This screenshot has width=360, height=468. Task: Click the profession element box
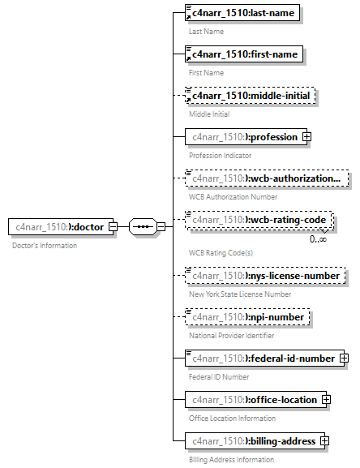pos(242,137)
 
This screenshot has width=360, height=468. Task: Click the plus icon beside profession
pos(306,137)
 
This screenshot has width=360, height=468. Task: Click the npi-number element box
pos(246,317)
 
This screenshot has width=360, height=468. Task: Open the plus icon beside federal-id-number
pos(344,358)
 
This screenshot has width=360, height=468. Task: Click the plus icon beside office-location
pos(326,400)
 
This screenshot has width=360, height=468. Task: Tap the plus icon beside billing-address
pos(324,441)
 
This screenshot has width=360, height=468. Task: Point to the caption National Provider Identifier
pos(231,335)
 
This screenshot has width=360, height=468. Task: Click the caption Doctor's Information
pos(45,245)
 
